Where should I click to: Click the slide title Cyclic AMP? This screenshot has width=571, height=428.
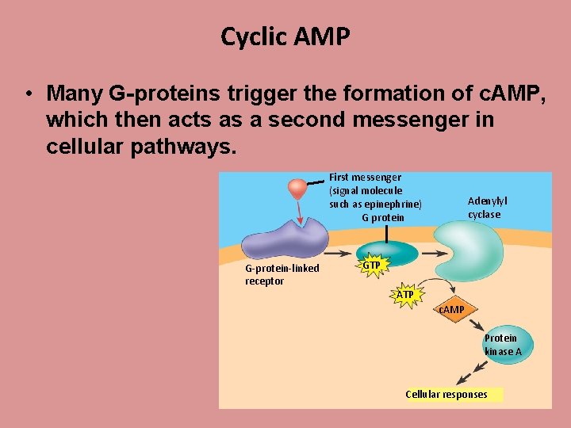[285, 36]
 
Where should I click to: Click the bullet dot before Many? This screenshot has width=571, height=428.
[28, 94]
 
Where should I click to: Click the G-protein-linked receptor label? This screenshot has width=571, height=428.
[282, 274]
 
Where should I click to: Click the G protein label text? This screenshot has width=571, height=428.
[383, 218]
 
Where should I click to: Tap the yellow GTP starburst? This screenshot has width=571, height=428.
[371, 265]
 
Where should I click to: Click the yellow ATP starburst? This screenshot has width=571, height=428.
[405, 295]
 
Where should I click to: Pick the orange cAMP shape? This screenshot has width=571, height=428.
[453, 309]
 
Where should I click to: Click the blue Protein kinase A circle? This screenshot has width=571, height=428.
[504, 345]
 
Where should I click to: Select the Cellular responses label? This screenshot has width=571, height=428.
[446, 395]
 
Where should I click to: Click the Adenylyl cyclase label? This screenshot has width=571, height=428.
[486, 208]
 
